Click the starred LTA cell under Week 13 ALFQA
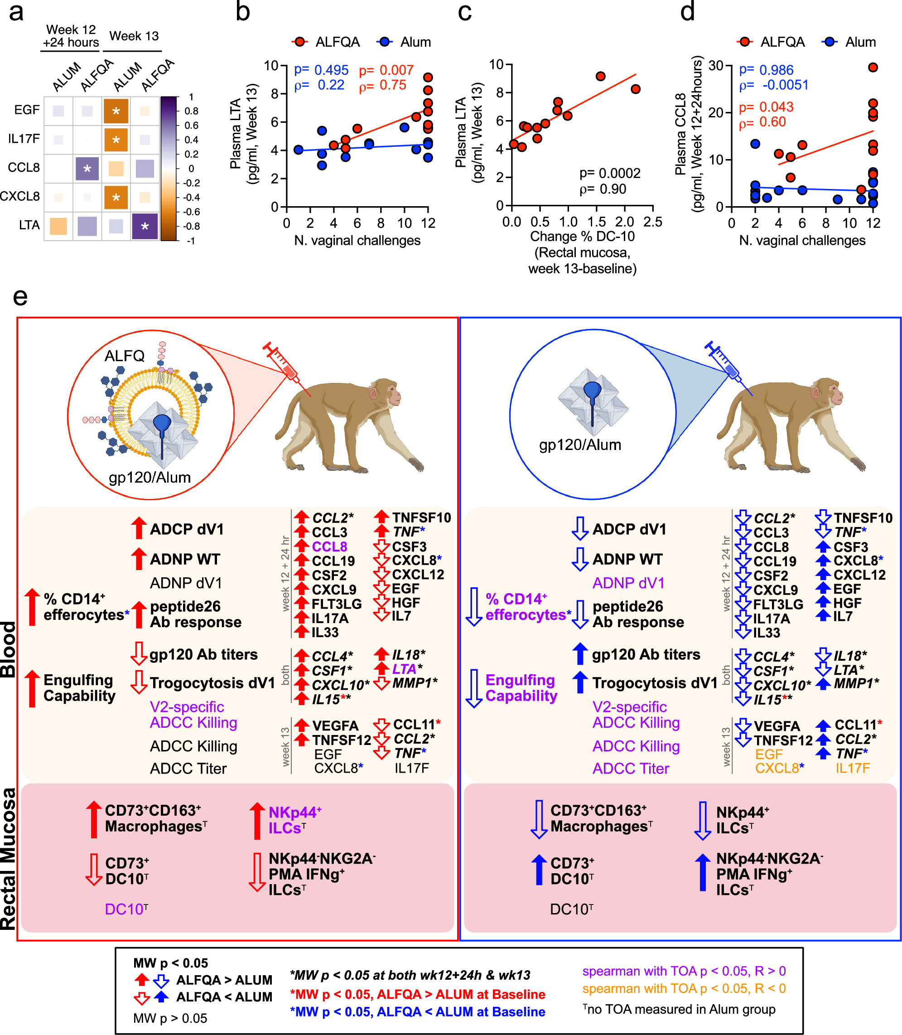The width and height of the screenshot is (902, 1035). click(x=145, y=226)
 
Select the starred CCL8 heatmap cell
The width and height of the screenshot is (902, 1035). click(x=87, y=169)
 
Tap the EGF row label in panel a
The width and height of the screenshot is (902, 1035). click(x=27, y=110)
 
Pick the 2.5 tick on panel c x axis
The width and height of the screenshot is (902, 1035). click(x=652, y=222)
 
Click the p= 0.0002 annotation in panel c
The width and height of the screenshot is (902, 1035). click(x=609, y=174)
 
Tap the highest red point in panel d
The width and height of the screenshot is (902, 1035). click(x=873, y=68)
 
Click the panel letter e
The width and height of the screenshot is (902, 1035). click(x=19, y=297)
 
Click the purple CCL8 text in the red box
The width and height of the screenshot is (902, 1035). click(x=329, y=547)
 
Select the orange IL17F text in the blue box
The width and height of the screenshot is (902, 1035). click(x=852, y=768)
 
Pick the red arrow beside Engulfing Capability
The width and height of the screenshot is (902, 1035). click(x=32, y=689)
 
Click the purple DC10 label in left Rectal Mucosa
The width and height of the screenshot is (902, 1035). click(x=126, y=909)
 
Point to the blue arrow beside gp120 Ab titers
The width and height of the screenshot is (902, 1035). click(x=580, y=654)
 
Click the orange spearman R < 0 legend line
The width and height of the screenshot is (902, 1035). click(x=684, y=989)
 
